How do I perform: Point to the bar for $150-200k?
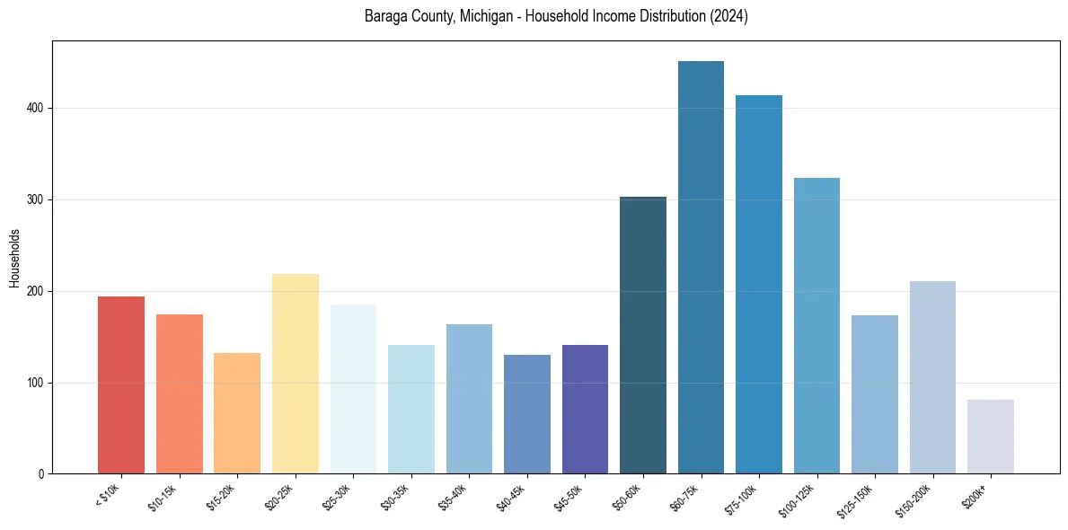click(932, 377)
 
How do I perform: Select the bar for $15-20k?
click(237, 413)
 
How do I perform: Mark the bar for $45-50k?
click(585, 410)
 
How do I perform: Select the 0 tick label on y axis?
click(42, 474)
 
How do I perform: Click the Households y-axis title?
click(14, 258)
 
